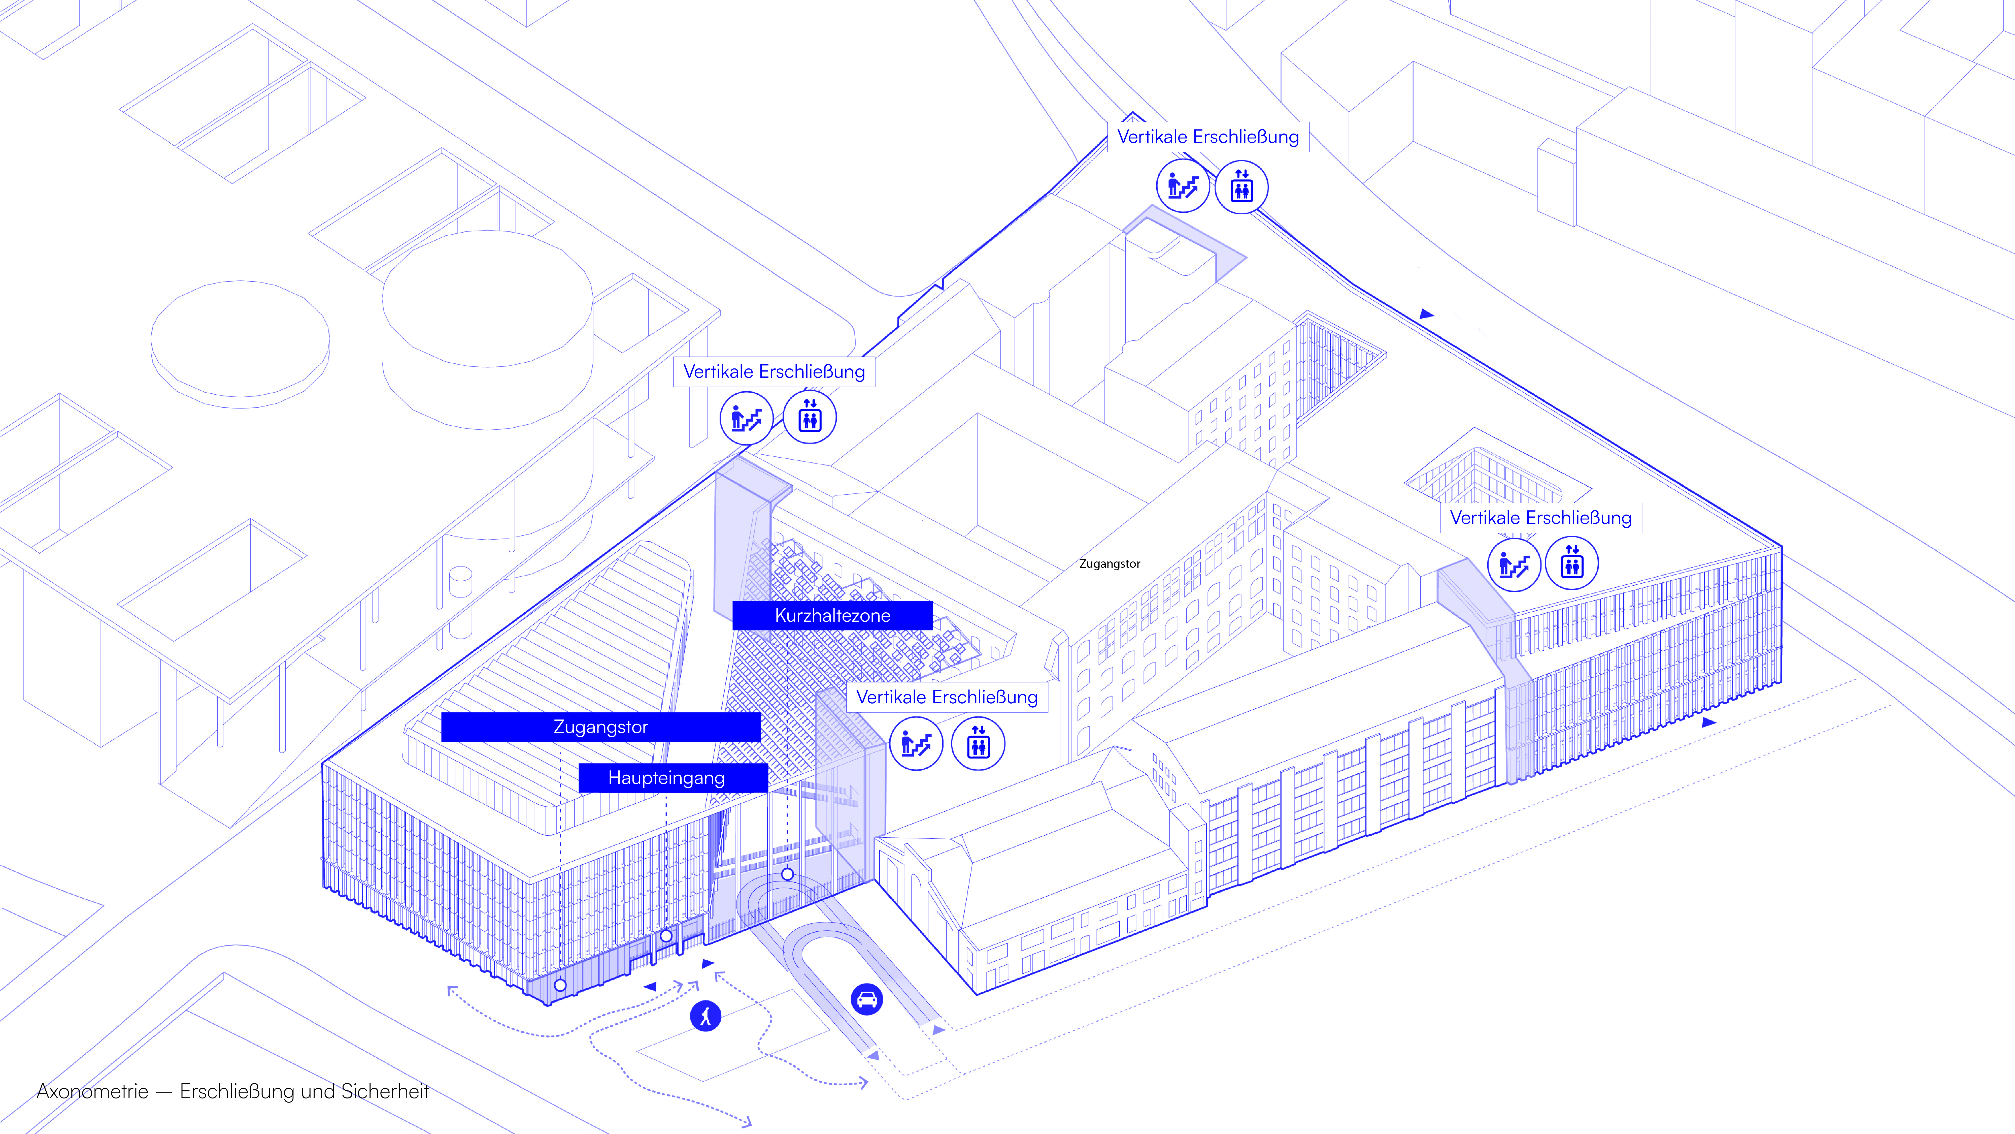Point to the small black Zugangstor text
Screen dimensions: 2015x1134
[1109, 563]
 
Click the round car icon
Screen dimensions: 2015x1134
[867, 999]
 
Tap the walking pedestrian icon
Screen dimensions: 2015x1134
[706, 1016]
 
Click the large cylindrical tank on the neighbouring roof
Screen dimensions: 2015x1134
[487, 329]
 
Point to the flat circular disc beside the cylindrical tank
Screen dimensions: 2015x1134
[240, 344]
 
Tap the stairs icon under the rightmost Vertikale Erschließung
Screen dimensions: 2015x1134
[1514, 564]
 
